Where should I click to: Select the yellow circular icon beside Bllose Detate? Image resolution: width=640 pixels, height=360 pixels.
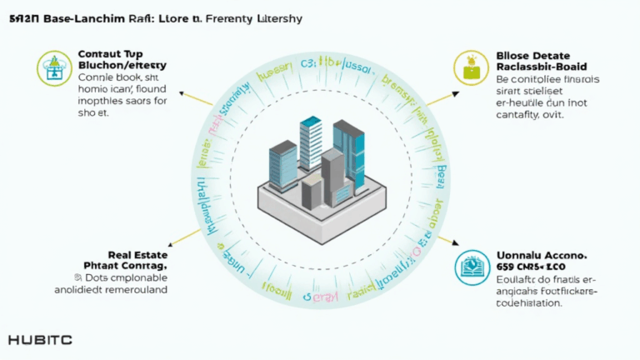(468, 67)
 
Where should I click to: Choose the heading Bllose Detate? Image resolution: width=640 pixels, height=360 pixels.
(537, 52)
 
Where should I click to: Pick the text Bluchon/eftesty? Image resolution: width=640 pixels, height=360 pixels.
(122, 65)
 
